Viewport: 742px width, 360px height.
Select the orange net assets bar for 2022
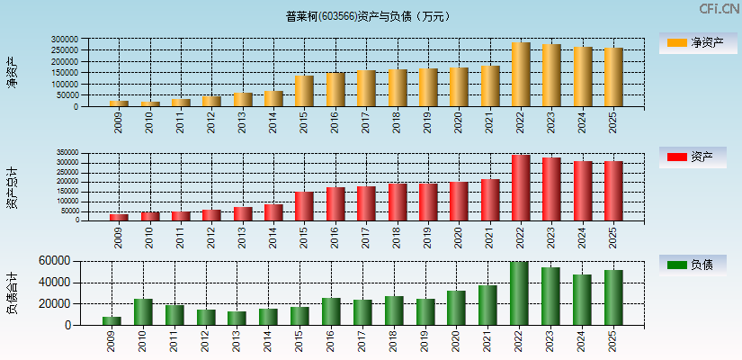pos(521,75)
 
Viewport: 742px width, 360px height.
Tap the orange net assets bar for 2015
pos(304,91)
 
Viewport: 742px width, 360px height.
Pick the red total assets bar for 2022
pos(521,187)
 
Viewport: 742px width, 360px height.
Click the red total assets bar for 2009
pos(119,217)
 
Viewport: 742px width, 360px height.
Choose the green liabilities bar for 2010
pos(143,312)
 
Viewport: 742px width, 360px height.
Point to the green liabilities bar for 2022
pos(519,293)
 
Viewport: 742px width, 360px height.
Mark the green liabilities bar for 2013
pos(237,319)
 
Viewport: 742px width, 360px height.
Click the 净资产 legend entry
pos(693,43)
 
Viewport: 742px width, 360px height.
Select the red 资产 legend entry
pos(693,157)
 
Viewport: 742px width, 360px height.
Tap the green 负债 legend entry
pos(693,265)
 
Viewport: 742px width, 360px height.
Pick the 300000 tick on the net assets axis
pos(64,40)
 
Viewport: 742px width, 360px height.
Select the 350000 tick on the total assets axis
pos(65,153)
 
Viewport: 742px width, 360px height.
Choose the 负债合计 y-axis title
pos(13,292)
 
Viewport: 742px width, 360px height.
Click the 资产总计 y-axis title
pos(13,187)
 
